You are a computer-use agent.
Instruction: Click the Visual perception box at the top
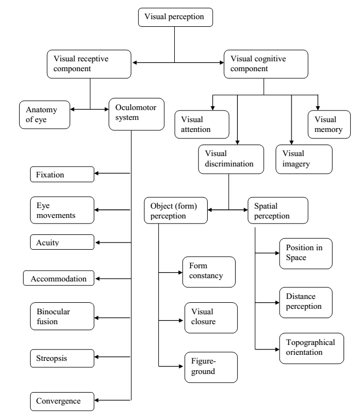[174, 17]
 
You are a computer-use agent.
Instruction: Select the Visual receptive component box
[89, 64]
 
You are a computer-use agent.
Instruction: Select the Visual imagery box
[304, 159]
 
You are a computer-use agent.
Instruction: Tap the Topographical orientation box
[310, 347]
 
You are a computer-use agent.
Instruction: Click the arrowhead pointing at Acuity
[95, 241]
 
